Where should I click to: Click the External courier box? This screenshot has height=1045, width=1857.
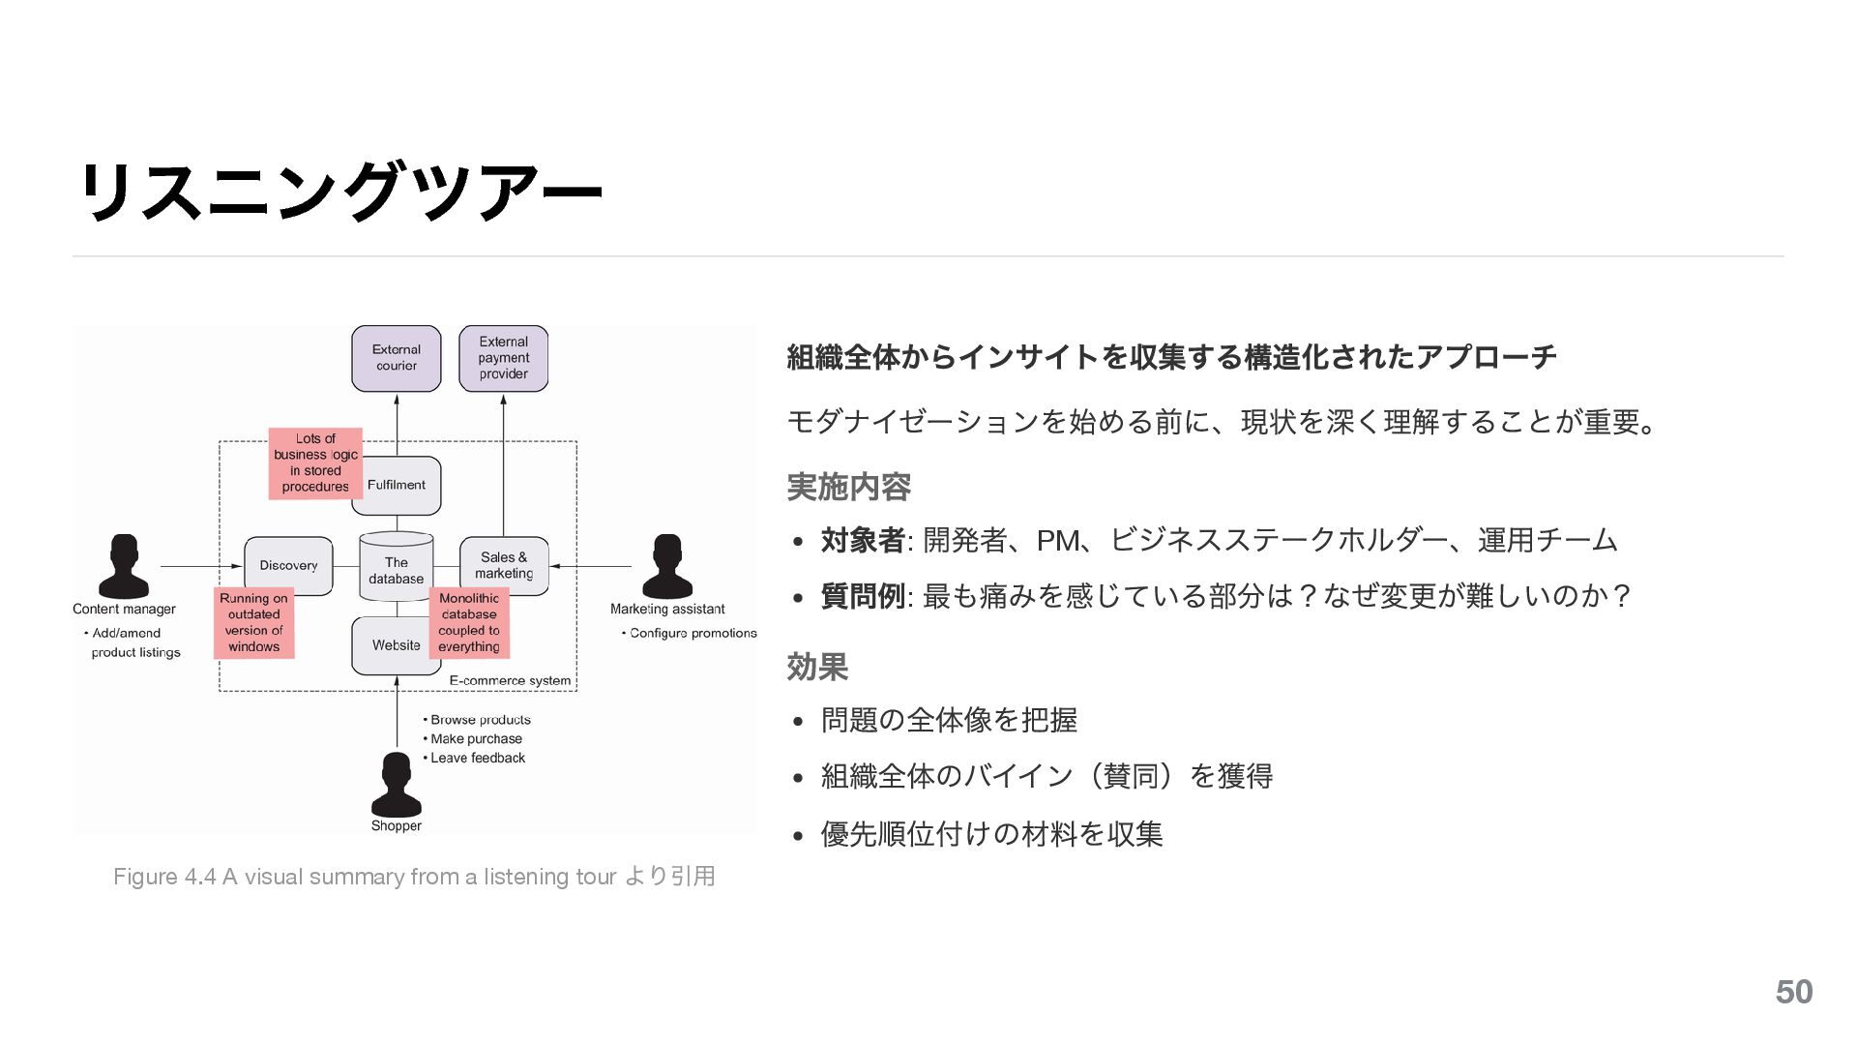(397, 358)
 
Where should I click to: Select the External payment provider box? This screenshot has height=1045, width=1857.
(503, 358)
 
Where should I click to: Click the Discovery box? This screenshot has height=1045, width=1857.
(288, 566)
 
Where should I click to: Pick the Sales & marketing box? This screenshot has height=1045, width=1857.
(504, 566)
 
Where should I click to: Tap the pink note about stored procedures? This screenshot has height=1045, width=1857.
(315, 463)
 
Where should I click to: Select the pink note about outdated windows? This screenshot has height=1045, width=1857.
(253, 623)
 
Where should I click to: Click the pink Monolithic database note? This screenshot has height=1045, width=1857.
(469, 623)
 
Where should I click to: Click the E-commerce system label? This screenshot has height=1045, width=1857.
(510, 681)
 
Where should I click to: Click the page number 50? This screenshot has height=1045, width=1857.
(1794, 993)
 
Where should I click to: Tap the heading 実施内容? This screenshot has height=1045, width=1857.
(848, 487)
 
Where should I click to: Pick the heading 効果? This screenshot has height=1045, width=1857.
(817, 667)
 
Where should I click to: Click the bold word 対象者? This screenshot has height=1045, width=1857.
(862, 540)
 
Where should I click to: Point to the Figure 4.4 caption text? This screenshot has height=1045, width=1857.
(414, 877)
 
